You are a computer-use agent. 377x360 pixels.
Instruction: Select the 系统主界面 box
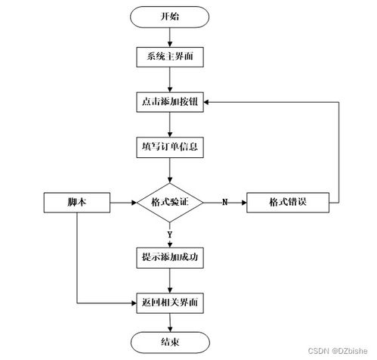170,57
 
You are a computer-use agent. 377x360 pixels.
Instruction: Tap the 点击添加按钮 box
170,101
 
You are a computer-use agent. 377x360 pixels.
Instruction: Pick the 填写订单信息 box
170,145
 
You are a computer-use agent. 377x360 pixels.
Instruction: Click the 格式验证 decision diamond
170,202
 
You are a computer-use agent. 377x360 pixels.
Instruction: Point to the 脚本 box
78,202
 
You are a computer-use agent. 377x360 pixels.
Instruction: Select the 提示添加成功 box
170,257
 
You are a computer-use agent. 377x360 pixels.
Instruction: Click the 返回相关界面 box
170,303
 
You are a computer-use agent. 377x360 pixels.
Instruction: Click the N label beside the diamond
224,202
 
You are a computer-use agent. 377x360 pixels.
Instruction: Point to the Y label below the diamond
170,234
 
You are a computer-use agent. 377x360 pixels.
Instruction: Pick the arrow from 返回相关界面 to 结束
170,321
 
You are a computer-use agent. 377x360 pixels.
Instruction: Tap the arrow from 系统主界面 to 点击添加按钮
170,79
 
